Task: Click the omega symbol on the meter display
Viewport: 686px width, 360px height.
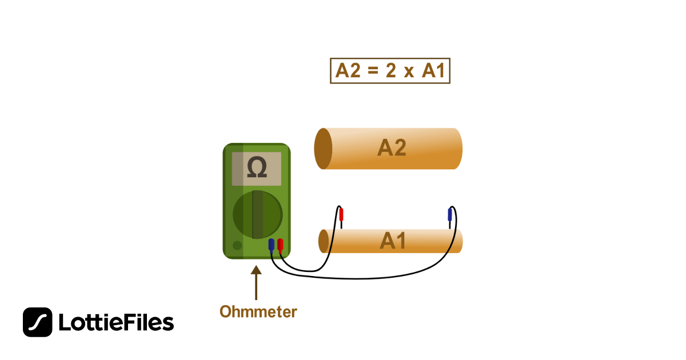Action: (257, 168)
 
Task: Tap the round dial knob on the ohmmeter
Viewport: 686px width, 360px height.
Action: (257, 215)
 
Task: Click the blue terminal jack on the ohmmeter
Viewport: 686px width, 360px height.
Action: (271, 245)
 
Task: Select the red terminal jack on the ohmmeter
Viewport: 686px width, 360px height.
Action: (280, 245)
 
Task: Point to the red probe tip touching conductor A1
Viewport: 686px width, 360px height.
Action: (341, 215)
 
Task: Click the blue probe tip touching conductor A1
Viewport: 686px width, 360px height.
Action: (450, 215)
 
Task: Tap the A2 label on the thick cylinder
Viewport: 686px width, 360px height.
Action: (392, 149)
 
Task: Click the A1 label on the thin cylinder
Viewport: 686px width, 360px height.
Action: (393, 241)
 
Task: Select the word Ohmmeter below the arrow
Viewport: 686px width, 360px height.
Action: (258, 312)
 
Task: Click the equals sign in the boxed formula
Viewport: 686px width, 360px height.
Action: (373, 71)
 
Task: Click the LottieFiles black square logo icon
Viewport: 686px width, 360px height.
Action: (37, 322)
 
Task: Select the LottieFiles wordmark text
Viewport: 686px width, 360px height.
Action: (116, 323)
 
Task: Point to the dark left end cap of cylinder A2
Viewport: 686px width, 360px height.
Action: (323, 149)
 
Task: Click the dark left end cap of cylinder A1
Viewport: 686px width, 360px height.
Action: (324, 241)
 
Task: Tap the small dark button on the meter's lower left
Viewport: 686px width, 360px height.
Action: (237, 246)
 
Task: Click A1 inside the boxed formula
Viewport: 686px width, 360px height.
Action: (434, 71)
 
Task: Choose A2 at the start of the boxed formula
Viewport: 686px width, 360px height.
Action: (349, 71)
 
